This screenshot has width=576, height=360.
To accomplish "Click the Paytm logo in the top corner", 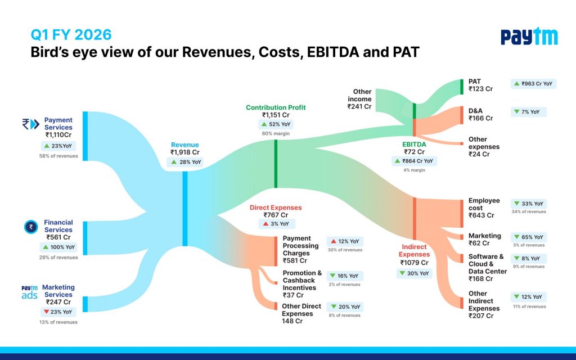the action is [529, 36].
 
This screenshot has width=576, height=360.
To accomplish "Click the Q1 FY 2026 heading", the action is [71, 35].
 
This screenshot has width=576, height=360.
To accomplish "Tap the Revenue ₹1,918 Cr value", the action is [184, 152].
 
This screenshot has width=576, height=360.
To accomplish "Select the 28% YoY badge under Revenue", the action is [186, 162].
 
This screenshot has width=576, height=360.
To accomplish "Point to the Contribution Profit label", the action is [276, 107].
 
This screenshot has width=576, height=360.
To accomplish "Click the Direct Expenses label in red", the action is [276, 208].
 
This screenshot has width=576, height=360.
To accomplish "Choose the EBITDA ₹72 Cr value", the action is [414, 152].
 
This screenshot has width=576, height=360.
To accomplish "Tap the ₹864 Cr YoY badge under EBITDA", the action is [414, 161].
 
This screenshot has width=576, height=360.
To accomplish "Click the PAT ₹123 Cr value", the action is [480, 89].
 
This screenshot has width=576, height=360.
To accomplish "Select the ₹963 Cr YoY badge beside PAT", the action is [533, 84].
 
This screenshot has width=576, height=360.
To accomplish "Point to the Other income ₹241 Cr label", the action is [359, 99].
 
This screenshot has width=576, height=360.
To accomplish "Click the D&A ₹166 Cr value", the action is [480, 118].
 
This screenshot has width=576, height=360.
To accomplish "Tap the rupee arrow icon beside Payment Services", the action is [30, 124].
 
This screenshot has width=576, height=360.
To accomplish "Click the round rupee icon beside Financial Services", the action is [31, 227].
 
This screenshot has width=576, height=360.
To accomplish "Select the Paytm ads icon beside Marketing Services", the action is [29, 292].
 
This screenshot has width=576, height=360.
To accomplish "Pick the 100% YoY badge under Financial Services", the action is [58, 247].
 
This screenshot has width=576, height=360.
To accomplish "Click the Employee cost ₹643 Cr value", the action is [481, 215].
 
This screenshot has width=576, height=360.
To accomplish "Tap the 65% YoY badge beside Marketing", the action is [529, 237].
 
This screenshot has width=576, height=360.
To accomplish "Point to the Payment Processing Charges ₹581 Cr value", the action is [295, 261].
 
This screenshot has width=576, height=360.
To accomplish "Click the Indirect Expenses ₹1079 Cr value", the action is [414, 263].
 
